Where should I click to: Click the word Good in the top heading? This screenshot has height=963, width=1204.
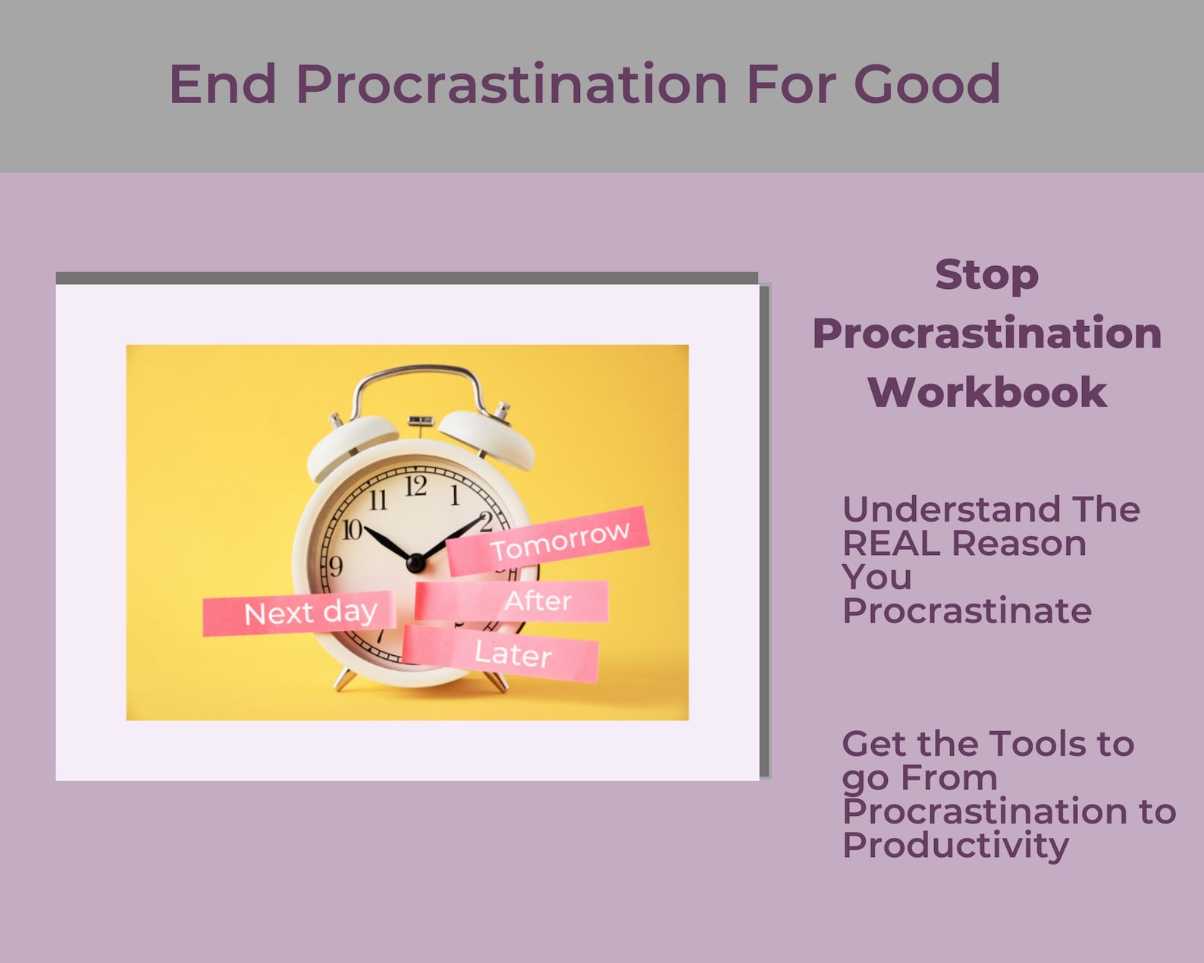927,83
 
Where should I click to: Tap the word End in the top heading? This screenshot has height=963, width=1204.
223,83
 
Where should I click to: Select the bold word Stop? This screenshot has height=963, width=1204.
986,274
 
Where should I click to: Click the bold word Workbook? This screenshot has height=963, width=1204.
986,393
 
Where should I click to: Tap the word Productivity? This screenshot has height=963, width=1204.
955,845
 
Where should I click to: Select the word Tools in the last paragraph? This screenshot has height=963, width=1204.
1038,744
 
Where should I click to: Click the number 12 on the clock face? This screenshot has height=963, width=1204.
415,485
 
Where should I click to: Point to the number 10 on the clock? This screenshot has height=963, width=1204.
351,529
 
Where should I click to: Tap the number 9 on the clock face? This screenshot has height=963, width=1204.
335,566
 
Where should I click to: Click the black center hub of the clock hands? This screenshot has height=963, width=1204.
415,563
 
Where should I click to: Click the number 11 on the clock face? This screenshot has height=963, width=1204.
377,500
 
